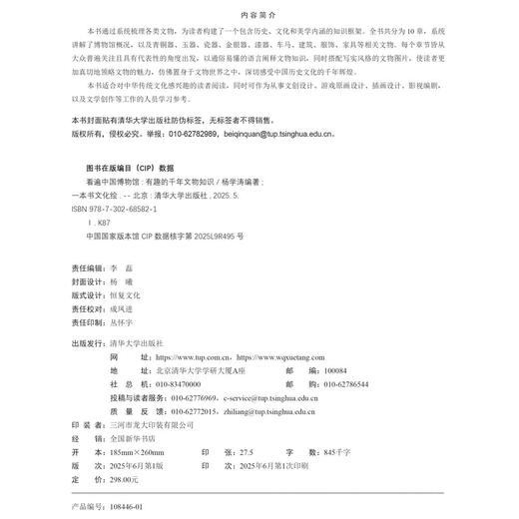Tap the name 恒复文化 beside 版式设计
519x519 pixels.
(153, 296)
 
